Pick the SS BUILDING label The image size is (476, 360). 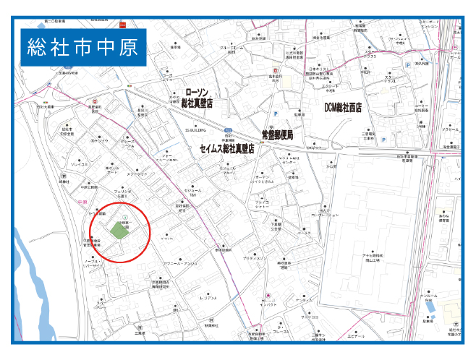coord(195,130)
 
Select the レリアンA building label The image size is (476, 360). coord(208,298)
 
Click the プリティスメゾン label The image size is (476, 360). coord(254,257)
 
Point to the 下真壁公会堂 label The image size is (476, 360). coord(276,227)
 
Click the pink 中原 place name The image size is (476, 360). coord(81,202)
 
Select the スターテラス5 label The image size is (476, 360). coord(370,53)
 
